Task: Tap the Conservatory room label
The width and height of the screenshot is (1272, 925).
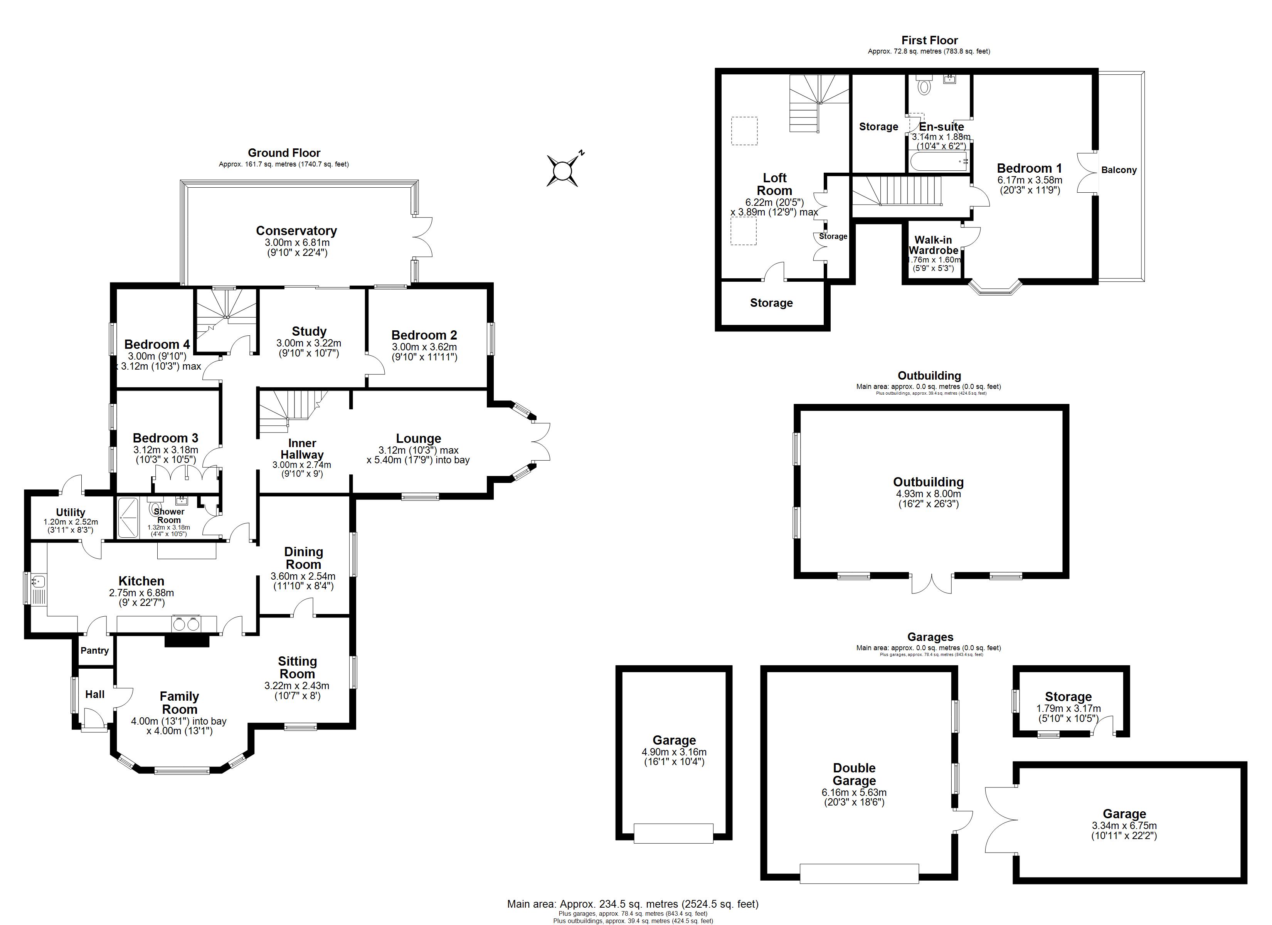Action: [x=296, y=230]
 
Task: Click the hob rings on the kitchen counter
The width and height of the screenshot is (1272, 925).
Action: [x=186, y=623]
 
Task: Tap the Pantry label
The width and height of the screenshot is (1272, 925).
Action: [x=94, y=650]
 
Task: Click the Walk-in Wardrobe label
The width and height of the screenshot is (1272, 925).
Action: [x=933, y=245]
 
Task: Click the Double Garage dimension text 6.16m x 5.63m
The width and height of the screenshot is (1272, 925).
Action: [x=854, y=793]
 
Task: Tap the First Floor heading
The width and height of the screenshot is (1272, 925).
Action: [x=929, y=40]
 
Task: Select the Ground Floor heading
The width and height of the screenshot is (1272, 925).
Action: [x=284, y=153]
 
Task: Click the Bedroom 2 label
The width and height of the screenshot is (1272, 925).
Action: [x=424, y=335]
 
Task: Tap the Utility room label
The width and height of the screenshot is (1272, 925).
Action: [x=71, y=512]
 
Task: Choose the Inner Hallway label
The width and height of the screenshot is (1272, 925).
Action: [x=302, y=449]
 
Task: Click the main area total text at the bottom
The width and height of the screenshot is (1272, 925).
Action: [x=632, y=904]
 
